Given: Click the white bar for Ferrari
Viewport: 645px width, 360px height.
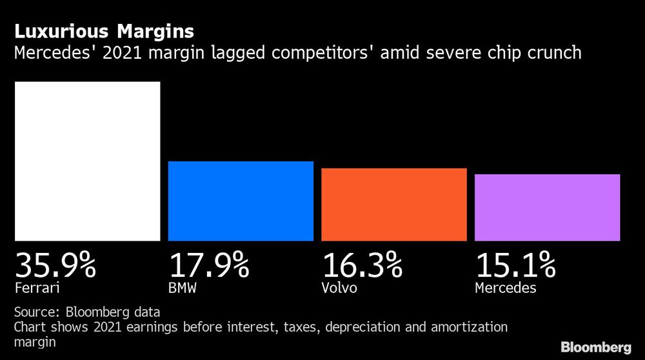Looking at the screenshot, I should coord(87,161).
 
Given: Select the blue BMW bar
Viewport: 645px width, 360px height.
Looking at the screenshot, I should coord(241,201).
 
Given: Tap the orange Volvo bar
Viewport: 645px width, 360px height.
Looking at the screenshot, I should coord(393,205).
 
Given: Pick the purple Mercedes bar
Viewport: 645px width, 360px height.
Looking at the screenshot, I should coord(547,207).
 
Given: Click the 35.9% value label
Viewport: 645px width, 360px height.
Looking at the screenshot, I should coord(55,265).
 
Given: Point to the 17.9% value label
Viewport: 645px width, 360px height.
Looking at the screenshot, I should coord(209,265).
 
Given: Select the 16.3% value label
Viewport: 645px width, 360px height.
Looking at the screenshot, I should coord(362,265).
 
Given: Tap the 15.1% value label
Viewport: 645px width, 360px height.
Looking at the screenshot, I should coord(515,265).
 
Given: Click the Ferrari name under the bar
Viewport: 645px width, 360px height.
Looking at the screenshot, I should coord(33,288).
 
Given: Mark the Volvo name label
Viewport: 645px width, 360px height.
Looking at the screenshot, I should coord(339,288).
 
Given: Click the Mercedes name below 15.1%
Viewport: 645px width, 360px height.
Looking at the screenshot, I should coord(505,288).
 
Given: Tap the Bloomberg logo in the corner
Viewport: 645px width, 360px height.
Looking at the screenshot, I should coord(597,347).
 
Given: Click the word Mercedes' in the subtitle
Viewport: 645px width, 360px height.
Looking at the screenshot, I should coord(52,52).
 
